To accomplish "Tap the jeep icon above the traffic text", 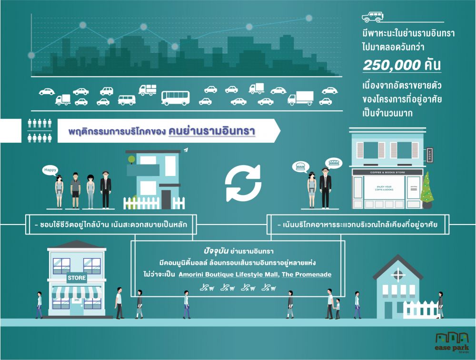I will point(372,17).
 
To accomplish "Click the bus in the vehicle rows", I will point(175,98).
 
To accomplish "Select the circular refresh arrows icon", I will point(243,184).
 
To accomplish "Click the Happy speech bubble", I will point(50,170).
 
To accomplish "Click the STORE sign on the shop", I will point(77,278).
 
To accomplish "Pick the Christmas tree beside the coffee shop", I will point(427,190).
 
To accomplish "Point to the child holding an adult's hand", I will point(338,308).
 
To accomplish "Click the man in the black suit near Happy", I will point(105,189).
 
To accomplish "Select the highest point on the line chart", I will point(308,18).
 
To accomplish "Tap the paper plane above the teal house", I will point(185,150).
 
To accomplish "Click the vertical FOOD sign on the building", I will point(429,155).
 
